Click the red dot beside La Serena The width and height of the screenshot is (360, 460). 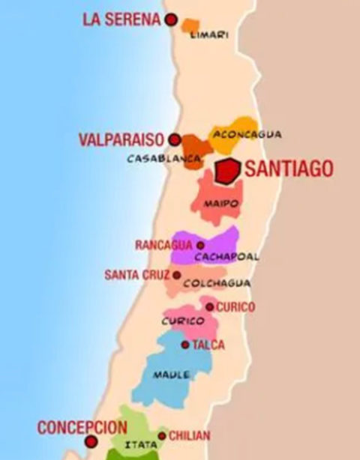pyautogui.click(x=172, y=20)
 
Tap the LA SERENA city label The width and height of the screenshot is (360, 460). pyautogui.click(x=121, y=20)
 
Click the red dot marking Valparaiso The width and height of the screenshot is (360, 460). pyautogui.click(x=175, y=139)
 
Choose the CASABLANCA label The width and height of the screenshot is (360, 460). pyautogui.click(x=163, y=159)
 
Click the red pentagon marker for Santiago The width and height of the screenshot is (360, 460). pyautogui.click(x=226, y=171)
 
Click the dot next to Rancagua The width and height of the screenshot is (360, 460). pyautogui.click(x=200, y=245)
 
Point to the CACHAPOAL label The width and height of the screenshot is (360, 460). pyautogui.click(x=226, y=256)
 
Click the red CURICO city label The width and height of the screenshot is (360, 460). pyautogui.click(x=235, y=307)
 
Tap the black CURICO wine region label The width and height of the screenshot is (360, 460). pyautogui.click(x=183, y=321)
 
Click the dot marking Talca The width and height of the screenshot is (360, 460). pyautogui.click(x=185, y=345)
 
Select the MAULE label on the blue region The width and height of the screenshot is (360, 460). pyautogui.click(x=171, y=375)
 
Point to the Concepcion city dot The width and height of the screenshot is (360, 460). pyautogui.click(x=91, y=442)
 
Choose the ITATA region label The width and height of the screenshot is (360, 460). pyautogui.click(x=136, y=444)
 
